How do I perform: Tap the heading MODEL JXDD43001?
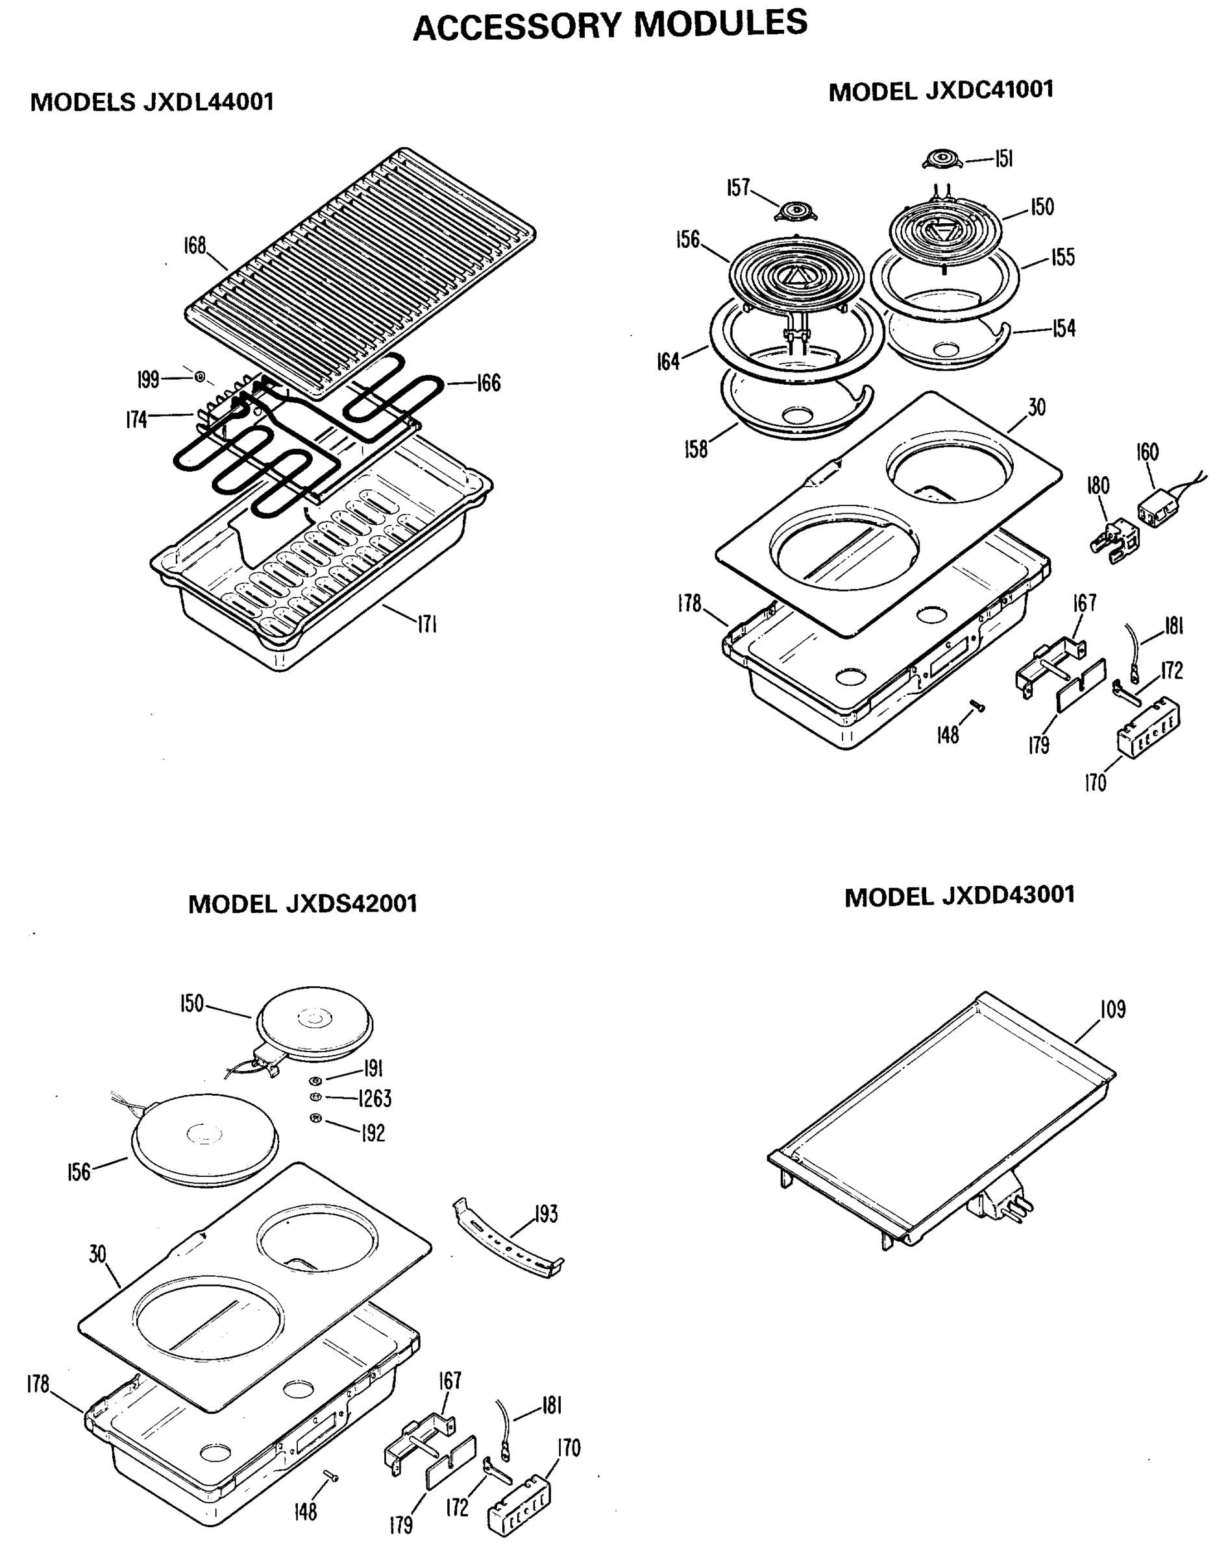pos(959,896)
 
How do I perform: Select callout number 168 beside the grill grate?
pos(195,246)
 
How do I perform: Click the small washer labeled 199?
pos(201,376)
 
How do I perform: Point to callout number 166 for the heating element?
pos(488,383)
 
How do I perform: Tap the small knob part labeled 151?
pos(942,159)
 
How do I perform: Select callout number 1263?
pos(375,1098)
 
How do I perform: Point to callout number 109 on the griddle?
pos(1112,1009)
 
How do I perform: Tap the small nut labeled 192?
pos(314,1118)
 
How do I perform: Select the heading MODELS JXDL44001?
pos(152,102)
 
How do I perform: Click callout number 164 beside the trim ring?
pos(668,361)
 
